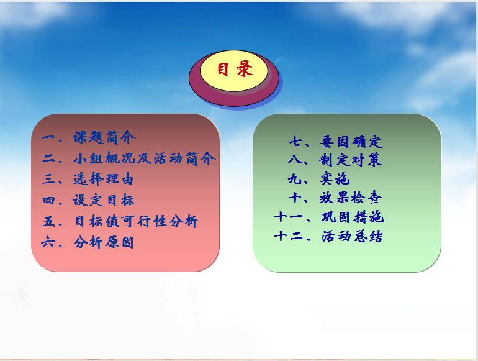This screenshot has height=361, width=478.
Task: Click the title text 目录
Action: click(x=235, y=69)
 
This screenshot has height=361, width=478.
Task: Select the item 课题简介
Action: click(x=104, y=137)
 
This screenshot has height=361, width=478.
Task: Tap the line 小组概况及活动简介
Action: click(x=145, y=158)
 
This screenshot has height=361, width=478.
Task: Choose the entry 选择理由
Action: click(x=104, y=179)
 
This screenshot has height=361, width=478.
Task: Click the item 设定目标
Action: click(x=104, y=200)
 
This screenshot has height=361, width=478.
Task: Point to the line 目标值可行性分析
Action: click(x=137, y=221)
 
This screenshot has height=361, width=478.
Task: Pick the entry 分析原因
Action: click(x=104, y=242)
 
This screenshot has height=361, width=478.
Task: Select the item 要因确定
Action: click(x=351, y=142)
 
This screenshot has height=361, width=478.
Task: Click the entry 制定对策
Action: click(x=351, y=160)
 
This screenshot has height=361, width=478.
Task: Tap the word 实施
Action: click(x=335, y=179)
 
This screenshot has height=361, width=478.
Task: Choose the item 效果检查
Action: click(x=351, y=198)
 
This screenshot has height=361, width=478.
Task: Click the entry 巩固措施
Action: click(x=353, y=217)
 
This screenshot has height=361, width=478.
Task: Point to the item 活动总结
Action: click(x=352, y=236)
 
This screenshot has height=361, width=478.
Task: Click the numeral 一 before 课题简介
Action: click(x=48, y=137)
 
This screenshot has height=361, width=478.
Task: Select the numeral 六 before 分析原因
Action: click(x=48, y=242)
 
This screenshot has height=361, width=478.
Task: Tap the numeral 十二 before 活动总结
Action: click(x=289, y=236)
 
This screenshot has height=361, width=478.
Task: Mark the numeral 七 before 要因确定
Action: click(x=295, y=142)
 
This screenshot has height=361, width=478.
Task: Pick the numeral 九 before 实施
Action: click(x=294, y=179)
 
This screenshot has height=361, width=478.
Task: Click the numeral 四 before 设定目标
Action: click(x=49, y=200)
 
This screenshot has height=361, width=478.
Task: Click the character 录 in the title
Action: click(x=245, y=69)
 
